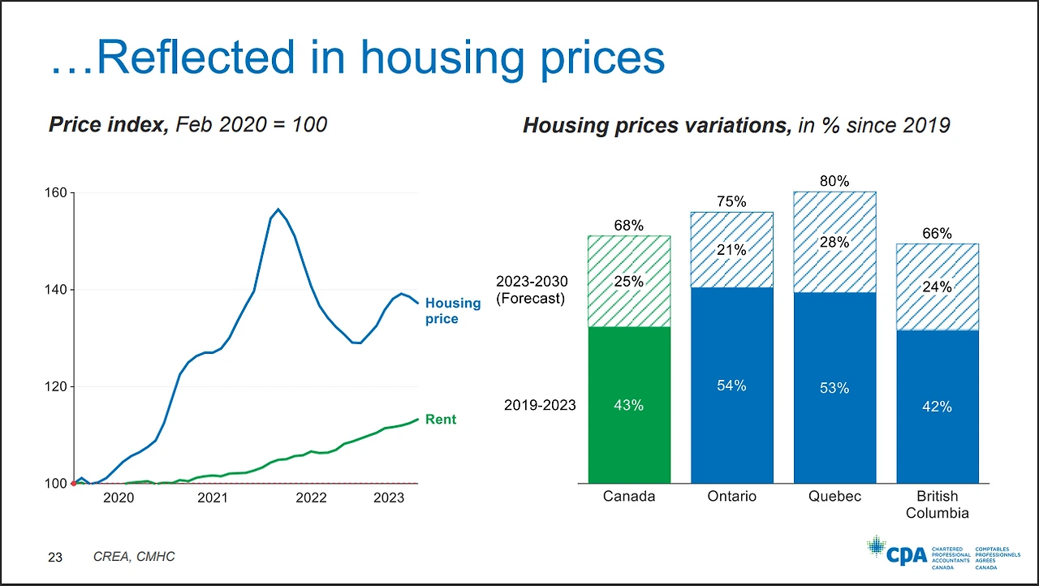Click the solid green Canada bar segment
[x=629, y=404]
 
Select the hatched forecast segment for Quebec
[x=834, y=242]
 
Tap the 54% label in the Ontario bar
[x=731, y=386]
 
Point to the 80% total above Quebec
[x=834, y=182]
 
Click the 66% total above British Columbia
[x=937, y=234]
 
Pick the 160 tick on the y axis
[x=54, y=193]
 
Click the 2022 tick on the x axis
[x=311, y=498]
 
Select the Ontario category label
[x=731, y=496]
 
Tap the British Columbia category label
[x=937, y=504]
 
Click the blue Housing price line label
[x=452, y=311]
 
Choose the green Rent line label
[x=441, y=420]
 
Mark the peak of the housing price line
[x=278, y=209]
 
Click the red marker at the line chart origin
[x=74, y=483]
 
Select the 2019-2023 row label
[x=541, y=404]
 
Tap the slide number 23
[x=55, y=557]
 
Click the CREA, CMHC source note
[x=134, y=557]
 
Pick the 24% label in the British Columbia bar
[x=937, y=287]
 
